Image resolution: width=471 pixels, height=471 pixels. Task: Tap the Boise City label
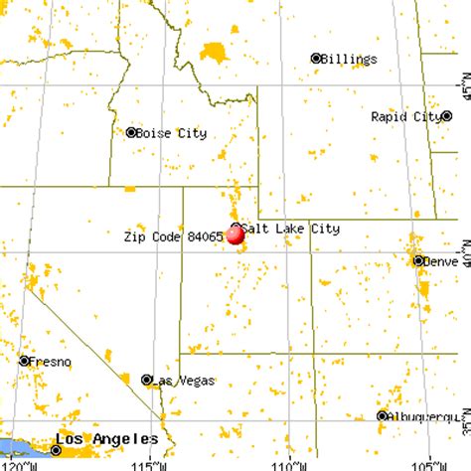click(165, 132)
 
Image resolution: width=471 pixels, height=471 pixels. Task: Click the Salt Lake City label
click(290, 228)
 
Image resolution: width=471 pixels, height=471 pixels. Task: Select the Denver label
click(441, 261)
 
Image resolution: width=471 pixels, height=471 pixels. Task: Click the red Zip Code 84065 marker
click(235, 235)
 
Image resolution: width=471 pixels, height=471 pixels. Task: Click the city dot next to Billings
click(316, 58)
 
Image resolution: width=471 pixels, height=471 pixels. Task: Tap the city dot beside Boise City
click(130, 132)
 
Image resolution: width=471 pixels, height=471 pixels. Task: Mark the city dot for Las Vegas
click(146, 380)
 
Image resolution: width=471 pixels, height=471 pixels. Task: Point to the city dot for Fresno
click(24, 361)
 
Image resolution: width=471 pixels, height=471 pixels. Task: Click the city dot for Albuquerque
click(382, 415)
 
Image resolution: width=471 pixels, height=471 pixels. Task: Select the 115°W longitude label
click(149, 463)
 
